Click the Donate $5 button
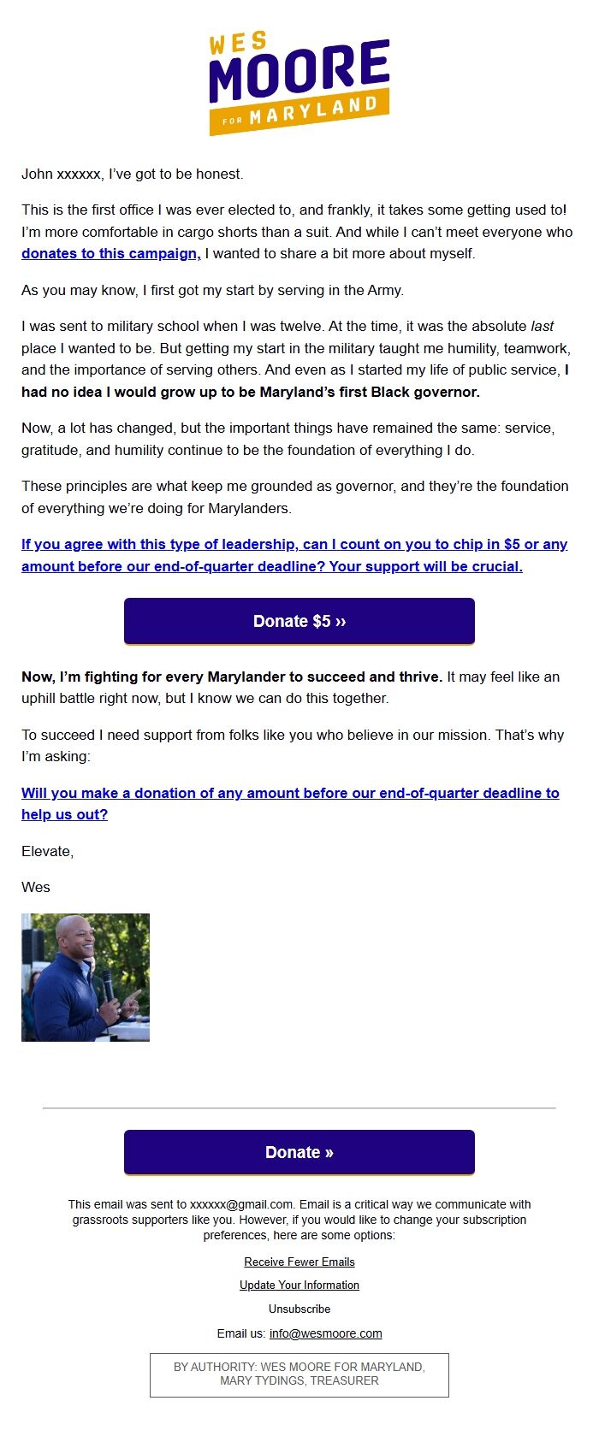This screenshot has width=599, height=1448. pos(299,621)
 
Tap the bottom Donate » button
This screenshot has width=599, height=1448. pos(299,1152)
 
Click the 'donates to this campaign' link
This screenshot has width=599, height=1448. pos(110,254)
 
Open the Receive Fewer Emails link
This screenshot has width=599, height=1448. pos(299,1262)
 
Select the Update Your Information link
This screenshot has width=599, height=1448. pos(299,1285)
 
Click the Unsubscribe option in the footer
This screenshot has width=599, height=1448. pos(299,1309)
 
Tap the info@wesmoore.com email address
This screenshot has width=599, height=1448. pos(325,1333)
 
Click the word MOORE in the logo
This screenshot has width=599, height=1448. pos(299,73)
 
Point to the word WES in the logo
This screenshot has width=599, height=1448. pos(238,42)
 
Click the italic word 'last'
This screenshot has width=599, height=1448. pos(542,327)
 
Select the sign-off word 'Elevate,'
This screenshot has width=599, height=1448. pos(48,851)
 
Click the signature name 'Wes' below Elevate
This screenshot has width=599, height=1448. pos(36,887)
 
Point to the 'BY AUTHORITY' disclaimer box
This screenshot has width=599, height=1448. pos(299,1374)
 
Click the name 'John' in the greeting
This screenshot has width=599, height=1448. pos(37,174)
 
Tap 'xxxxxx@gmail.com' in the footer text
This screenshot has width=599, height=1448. pos(241,1204)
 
